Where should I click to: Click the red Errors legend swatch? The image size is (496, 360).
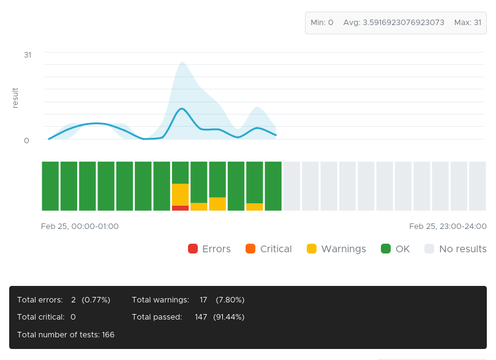point(193,249)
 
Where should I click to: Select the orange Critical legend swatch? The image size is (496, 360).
point(250,249)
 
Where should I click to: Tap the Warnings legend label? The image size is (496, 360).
point(343,249)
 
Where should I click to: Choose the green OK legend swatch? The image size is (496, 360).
point(386,249)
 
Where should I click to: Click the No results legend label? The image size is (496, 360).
point(462,249)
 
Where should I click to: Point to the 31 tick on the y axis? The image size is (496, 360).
point(28,54)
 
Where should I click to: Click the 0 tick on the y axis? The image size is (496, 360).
point(27,140)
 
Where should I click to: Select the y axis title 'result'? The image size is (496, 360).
point(15,98)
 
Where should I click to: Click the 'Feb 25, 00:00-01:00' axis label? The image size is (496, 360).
point(80,227)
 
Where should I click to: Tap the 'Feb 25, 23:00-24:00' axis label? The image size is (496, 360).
point(448,227)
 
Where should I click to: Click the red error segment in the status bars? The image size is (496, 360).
point(180,208)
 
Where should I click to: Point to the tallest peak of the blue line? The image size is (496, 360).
point(181,109)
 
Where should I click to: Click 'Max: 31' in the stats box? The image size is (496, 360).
point(468,23)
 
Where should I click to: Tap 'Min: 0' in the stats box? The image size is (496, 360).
point(322,23)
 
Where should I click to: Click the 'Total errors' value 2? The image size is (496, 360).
point(73,300)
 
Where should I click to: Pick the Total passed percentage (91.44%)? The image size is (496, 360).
point(229,317)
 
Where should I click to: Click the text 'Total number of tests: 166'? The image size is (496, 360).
point(66,335)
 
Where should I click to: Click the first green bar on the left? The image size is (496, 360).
point(50,186)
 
